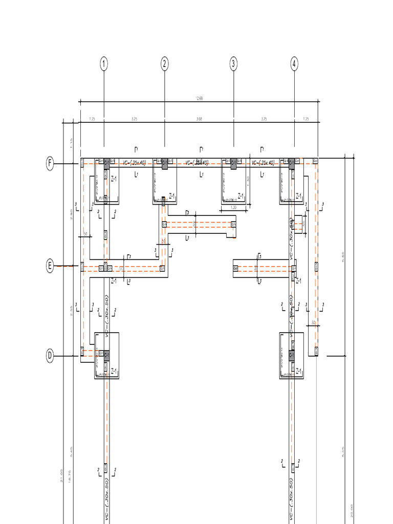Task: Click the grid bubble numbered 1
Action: click(104, 64)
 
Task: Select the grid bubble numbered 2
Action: click(164, 64)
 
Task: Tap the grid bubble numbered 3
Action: click(233, 64)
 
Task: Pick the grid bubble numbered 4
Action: click(294, 64)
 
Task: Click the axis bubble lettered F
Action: click(50, 164)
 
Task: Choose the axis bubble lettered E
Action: click(50, 266)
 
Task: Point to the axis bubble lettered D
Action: click(50, 356)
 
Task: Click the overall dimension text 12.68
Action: click(199, 98)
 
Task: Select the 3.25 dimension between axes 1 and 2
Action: click(134, 119)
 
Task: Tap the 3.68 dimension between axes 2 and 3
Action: click(199, 119)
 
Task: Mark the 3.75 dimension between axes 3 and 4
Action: click(264, 119)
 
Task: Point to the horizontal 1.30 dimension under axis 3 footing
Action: click(233, 207)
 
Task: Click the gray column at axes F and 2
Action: click(164, 164)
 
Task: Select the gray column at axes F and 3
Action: click(233, 164)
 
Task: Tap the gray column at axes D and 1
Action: click(106, 355)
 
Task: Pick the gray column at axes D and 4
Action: click(292, 355)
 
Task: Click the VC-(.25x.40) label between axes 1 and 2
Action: click(135, 163)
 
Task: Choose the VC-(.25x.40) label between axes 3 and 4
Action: click(264, 163)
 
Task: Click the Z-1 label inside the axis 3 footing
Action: click(241, 195)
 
